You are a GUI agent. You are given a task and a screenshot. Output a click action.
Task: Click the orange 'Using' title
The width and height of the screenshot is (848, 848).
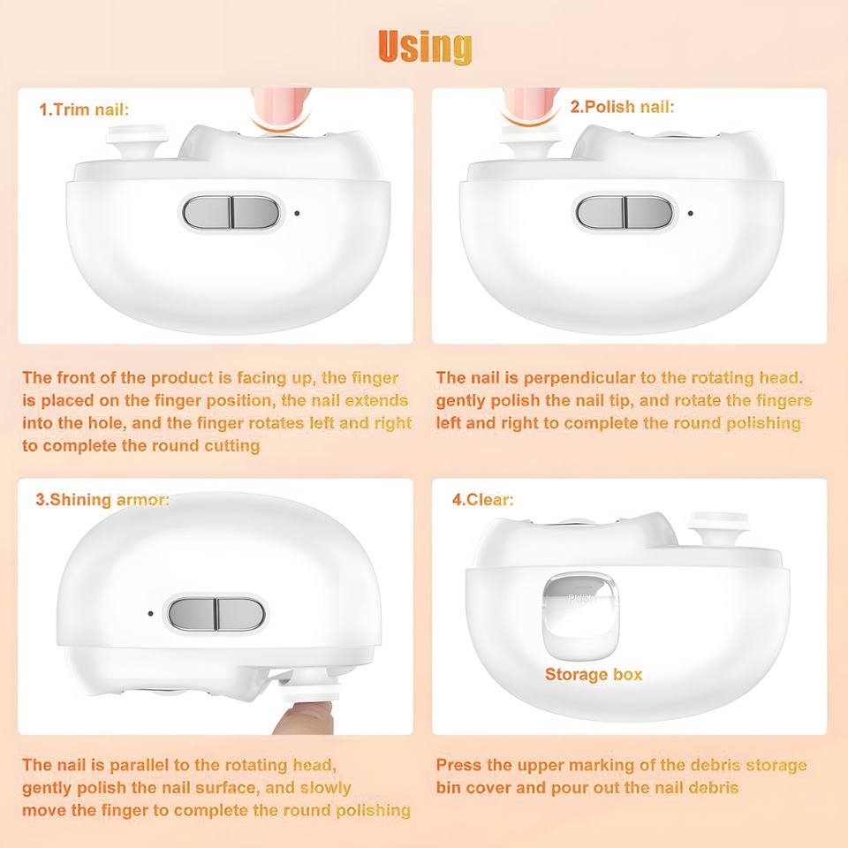click(x=425, y=47)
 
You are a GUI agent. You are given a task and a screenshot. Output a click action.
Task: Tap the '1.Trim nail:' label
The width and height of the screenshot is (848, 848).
click(x=85, y=110)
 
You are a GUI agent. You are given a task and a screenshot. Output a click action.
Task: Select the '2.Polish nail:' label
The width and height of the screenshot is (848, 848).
click(x=622, y=107)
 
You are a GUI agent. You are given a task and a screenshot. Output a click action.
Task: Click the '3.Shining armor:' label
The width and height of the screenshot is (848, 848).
click(x=102, y=499)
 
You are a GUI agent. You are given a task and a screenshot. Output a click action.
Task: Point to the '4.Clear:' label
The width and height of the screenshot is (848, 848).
click(x=483, y=499)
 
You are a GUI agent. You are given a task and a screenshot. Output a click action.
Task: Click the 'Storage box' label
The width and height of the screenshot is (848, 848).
click(x=594, y=674)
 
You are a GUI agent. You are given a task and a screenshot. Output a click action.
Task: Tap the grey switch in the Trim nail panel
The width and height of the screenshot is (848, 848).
click(x=231, y=212)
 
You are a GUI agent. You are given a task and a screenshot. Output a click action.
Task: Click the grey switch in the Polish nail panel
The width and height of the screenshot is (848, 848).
click(x=625, y=212)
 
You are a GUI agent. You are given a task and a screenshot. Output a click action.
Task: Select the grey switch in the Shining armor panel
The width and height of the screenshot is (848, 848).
click(x=216, y=614)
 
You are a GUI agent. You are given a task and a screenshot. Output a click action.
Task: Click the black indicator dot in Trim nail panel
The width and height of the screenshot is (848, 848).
click(x=297, y=213)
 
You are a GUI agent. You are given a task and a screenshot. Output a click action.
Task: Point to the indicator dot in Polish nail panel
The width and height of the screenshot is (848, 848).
click(x=691, y=213)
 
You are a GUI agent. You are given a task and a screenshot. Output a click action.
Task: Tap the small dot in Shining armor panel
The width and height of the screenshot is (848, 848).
click(x=150, y=613)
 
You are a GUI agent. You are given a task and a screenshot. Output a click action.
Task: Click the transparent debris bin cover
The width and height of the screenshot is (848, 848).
click(x=580, y=616)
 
